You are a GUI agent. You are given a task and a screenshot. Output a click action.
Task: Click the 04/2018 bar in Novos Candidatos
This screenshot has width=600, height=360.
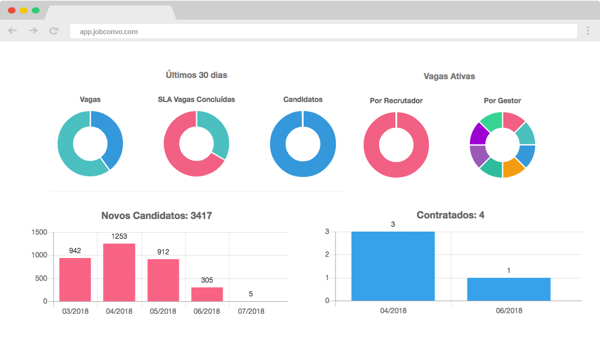tap(119, 272)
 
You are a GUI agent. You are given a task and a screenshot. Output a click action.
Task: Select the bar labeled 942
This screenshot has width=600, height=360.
tap(75, 280)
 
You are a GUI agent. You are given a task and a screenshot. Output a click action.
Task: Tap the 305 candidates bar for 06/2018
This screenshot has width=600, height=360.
tap(207, 294)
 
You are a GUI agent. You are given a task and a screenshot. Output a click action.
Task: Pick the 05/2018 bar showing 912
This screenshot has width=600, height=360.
tap(163, 280)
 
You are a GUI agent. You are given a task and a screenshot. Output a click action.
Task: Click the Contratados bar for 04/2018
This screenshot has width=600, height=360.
tap(393, 266)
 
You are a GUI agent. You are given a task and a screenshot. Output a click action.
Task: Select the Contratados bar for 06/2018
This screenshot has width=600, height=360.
tap(509, 289)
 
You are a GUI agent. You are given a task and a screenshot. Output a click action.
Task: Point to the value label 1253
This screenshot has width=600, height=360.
tap(119, 236)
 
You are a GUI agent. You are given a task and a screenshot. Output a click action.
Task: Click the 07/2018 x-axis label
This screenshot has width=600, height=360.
tap(251, 311)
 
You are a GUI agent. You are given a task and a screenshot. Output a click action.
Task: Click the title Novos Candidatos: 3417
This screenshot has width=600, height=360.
tap(157, 215)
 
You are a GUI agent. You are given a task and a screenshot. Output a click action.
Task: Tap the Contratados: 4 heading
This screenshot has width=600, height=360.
tap(450, 215)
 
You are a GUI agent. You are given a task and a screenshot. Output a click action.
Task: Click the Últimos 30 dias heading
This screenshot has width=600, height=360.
tap(196, 75)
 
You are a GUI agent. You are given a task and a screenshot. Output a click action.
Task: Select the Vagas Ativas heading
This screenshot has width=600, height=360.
tap(449, 76)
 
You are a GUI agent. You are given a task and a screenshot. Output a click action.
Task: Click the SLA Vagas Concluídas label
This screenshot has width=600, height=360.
tap(196, 100)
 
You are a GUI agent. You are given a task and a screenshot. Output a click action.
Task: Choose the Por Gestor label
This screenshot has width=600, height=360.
tap(502, 101)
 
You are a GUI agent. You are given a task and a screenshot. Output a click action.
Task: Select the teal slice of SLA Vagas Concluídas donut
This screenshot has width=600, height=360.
tap(215, 132)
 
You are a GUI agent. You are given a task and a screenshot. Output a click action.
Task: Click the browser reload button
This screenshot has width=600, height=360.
tap(53, 31)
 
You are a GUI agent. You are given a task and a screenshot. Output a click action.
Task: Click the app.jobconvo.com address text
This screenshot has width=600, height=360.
tap(109, 32)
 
